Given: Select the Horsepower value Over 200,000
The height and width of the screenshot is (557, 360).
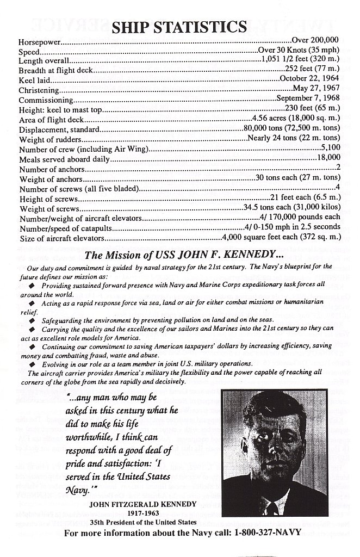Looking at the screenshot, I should click(316, 40).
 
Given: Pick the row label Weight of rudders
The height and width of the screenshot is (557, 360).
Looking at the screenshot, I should click(49, 139).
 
